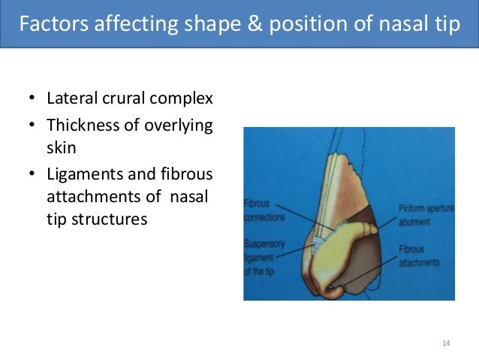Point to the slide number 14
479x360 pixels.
446,343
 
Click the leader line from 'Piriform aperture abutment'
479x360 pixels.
383,219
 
